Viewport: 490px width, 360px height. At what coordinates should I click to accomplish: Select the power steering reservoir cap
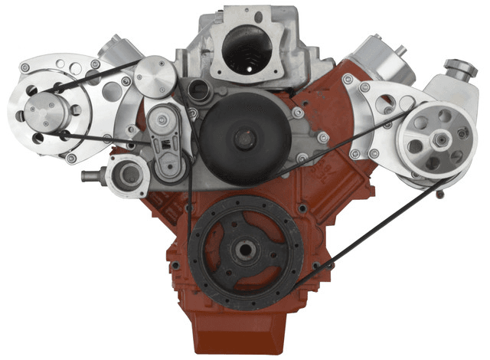pyautogui.click(x=465, y=70)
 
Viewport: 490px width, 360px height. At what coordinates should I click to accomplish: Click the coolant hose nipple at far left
pyautogui.click(x=87, y=175)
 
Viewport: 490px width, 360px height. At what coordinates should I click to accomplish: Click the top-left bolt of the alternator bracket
pyautogui.click(x=28, y=69)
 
